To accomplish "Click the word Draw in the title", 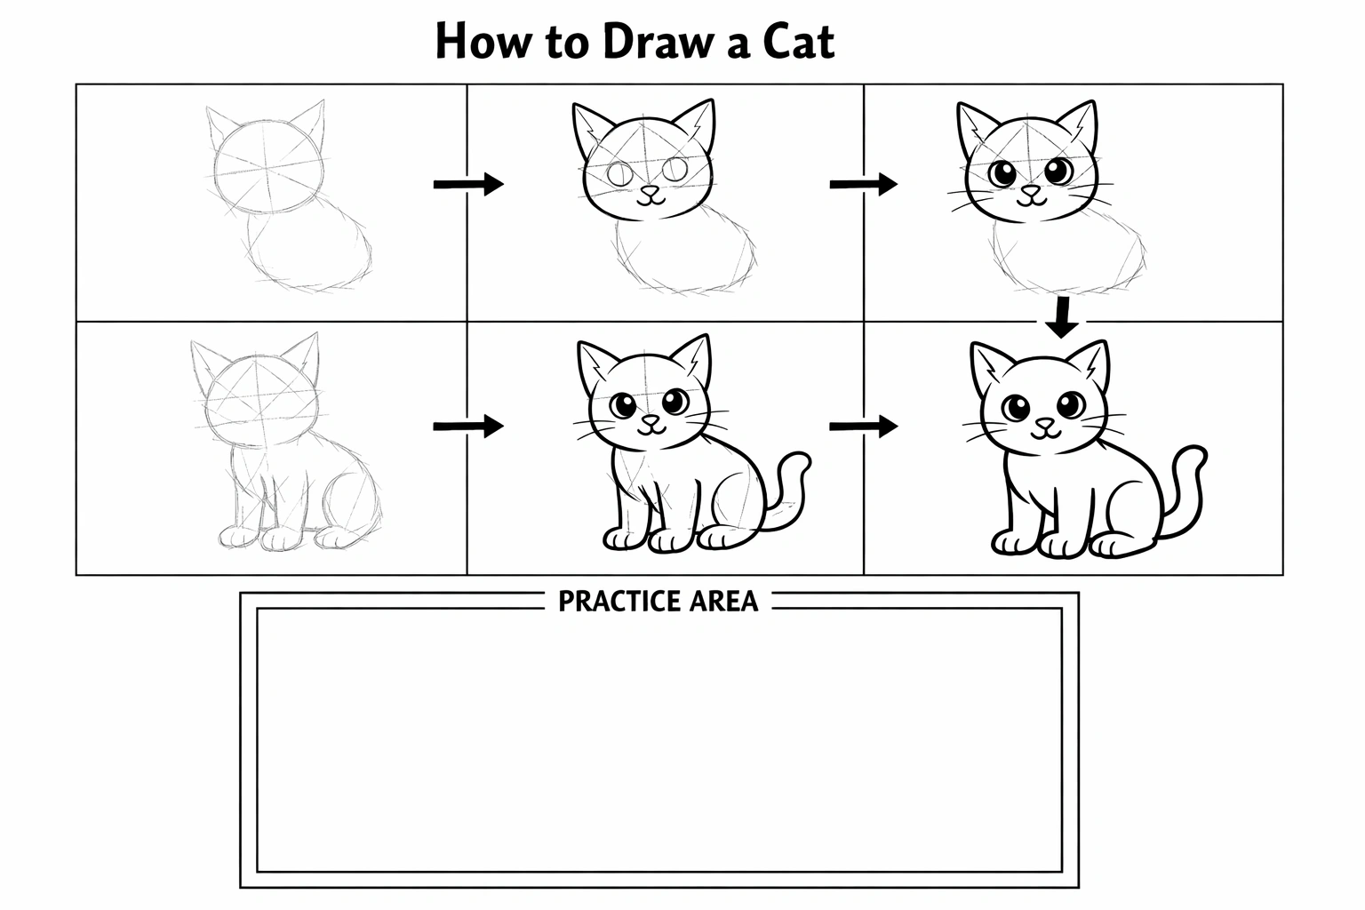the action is [x=659, y=41].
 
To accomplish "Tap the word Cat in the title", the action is [x=798, y=41].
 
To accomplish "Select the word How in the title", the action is [x=483, y=41].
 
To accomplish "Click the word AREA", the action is [x=724, y=602].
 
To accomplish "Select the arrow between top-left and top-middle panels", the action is [x=468, y=184].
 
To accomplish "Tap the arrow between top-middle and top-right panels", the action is [x=864, y=184].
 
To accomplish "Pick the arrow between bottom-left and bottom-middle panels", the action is [x=468, y=426].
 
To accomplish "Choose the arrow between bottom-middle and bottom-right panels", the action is [x=864, y=426].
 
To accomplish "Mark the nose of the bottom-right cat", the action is [x=1046, y=423].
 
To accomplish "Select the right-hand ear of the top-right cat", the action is [x=1080, y=125].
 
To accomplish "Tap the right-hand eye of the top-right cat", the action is [x=1059, y=172].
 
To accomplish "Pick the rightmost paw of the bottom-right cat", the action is [x=1116, y=545].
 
